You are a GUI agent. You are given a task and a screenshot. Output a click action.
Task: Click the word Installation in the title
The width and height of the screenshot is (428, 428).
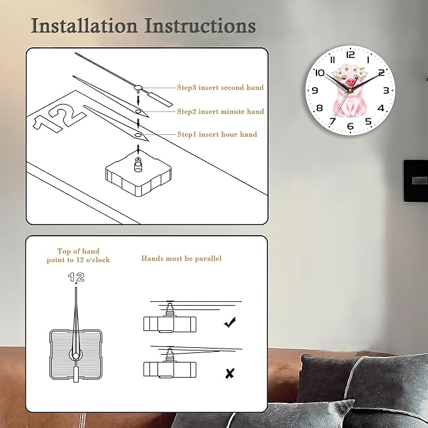coord(84,26)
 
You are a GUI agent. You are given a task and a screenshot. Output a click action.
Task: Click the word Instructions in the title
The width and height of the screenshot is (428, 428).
coord(200,26)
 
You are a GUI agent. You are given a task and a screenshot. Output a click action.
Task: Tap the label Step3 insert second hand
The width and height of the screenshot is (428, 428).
coord(220,88)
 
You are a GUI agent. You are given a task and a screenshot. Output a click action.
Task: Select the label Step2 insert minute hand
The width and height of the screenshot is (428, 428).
coord(221,112)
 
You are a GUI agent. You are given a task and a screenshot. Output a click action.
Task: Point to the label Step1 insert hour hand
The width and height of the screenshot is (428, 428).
coord(217,134)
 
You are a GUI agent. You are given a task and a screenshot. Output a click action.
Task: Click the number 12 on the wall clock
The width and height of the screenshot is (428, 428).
coord(350,55)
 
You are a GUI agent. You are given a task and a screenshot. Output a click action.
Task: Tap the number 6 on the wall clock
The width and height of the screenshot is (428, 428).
coord(350,126)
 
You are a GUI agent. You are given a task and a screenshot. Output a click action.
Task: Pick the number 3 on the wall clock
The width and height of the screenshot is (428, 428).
coord(386,90)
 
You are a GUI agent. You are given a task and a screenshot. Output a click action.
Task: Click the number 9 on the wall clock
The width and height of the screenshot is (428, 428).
coord(315,90)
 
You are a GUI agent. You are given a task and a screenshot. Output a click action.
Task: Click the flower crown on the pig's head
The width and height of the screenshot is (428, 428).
coord(349,71)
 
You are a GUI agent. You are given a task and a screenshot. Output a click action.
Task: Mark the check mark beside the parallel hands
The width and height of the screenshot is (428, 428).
coord(230,322)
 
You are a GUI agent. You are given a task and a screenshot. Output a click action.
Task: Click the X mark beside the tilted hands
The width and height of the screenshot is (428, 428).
coord(230,373)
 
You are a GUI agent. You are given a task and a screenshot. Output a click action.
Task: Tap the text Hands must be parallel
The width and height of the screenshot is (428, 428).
coord(182,258)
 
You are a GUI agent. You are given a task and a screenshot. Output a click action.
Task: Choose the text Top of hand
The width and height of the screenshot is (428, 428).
coord(78,251)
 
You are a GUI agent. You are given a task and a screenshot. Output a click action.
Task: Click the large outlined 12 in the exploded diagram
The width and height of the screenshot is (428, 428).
coord(60,119)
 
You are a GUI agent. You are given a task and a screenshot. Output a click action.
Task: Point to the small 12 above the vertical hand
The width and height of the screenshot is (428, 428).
coord(76,277)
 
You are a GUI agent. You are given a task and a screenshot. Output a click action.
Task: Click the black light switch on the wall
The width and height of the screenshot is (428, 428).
coord(416,180)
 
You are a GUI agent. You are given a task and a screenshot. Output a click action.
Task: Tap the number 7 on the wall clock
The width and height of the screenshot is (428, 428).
coord(332,121)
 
